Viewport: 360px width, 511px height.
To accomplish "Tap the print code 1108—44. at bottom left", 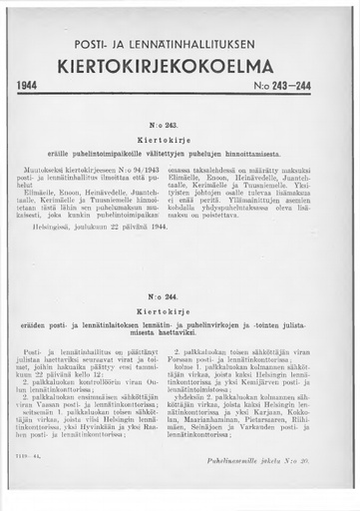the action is [39, 458].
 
